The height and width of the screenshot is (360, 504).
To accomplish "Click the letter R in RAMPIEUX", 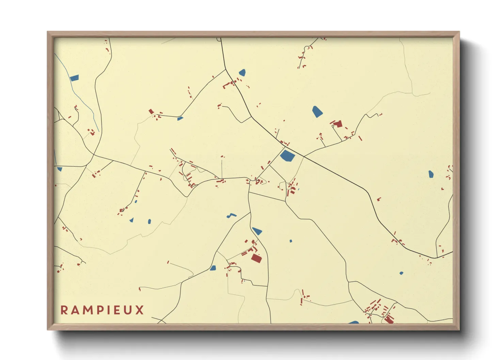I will (x=64, y=310).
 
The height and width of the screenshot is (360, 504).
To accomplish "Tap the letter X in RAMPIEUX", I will (x=140, y=310).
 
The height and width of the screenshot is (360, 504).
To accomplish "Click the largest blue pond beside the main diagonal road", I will (x=287, y=156).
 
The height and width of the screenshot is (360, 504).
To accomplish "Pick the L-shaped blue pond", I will (x=232, y=215).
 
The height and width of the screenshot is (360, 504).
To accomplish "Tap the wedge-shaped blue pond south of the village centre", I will (x=257, y=231).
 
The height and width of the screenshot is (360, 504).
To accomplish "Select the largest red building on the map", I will (x=256, y=258).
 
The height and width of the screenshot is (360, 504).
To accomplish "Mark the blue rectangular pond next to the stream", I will (x=74, y=78).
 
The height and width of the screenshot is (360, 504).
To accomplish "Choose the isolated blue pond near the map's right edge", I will (x=431, y=174).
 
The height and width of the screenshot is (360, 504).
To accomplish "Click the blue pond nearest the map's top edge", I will (x=242, y=72).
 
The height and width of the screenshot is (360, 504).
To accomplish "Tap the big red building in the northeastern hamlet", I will (x=338, y=124).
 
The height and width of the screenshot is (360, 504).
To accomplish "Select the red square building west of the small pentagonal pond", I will (x=151, y=111).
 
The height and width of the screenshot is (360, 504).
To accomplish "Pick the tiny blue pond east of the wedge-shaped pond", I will (x=291, y=241).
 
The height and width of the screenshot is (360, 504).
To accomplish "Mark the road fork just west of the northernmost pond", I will (x=226, y=69).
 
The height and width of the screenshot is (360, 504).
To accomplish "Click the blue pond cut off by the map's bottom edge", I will (x=353, y=322).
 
